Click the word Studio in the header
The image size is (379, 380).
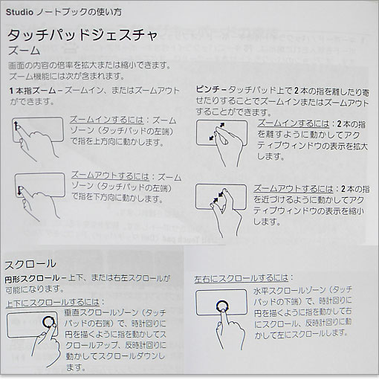pyautogui.click(x=19, y=12)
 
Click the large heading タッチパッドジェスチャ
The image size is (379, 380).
pyautogui.click(x=82, y=35)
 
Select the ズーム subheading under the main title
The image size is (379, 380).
pyautogui.click(x=25, y=51)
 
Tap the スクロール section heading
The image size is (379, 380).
pyautogui.click(x=30, y=264)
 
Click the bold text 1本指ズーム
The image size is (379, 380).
pyautogui.click(x=33, y=91)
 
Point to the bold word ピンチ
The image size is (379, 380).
pyautogui.click(x=210, y=89)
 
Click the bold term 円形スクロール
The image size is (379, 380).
pyautogui.click(x=32, y=279)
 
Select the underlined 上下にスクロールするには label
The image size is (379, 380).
pyautogui.click(x=53, y=303)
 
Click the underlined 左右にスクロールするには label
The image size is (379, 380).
pyautogui.click(x=242, y=278)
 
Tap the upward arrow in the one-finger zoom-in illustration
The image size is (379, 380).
pyautogui.click(x=16, y=126)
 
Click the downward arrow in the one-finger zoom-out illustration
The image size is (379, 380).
pyautogui.click(x=19, y=190)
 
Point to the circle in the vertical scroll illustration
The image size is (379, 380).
pyautogui.click(x=48, y=321)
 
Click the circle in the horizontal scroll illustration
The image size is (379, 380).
pyautogui.click(x=222, y=306)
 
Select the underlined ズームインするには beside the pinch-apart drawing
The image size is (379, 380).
pyautogui.click(x=294, y=123)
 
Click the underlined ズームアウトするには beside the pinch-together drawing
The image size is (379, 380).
pyautogui.click(x=294, y=189)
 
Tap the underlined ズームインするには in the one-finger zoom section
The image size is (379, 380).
pyautogui.click(x=107, y=120)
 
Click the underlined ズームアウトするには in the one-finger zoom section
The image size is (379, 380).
pyautogui.click(x=111, y=175)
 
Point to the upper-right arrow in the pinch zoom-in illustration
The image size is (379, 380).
pyautogui.click(x=222, y=126)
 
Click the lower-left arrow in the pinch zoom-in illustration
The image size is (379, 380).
pyautogui.click(x=212, y=138)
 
